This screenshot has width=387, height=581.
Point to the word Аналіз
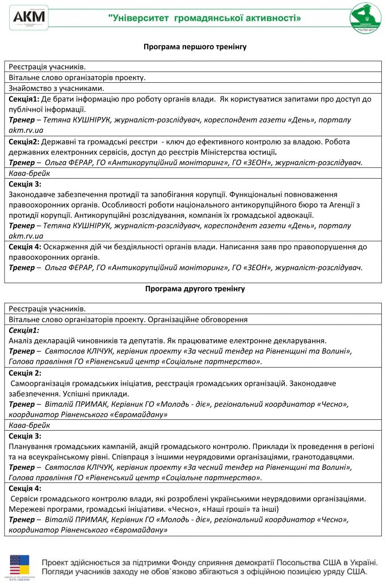click(x=21, y=341)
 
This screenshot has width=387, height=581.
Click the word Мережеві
click(x=27, y=510)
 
